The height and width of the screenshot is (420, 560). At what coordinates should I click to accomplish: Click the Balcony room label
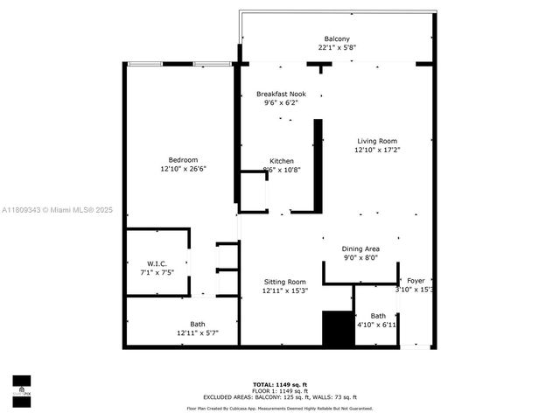point(337,38)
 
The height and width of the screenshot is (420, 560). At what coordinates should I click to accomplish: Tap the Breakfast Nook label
point(281,93)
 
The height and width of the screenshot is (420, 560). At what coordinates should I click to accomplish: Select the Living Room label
point(376,141)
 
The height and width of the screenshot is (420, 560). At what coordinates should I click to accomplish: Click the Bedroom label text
point(183,159)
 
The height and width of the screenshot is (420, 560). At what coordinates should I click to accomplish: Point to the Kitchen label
point(281,161)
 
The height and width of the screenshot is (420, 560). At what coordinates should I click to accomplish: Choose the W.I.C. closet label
point(157,263)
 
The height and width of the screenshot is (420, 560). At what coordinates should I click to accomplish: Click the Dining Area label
point(360,248)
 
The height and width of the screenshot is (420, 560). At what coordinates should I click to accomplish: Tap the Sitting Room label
point(285,281)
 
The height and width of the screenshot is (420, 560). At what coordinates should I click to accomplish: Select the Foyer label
point(416,281)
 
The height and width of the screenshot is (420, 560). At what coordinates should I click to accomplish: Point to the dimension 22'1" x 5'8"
point(337,48)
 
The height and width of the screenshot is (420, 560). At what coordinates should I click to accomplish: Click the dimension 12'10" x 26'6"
point(183,169)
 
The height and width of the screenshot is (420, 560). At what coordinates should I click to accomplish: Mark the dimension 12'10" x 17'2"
point(376,150)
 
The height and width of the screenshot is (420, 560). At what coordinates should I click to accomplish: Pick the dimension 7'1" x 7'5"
point(157,272)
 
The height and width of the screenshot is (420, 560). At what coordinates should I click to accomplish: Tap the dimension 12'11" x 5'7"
point(198,332)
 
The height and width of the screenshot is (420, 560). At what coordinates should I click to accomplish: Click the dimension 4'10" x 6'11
point(378,325)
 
